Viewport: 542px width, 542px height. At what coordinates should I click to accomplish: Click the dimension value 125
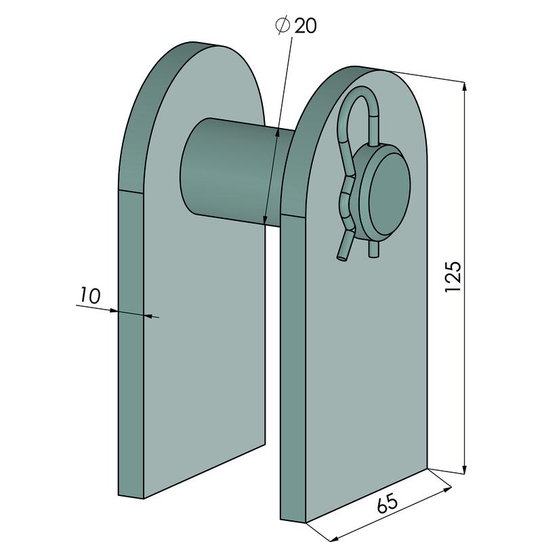coord(453,276)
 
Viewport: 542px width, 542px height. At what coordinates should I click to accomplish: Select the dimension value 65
coord(387,503)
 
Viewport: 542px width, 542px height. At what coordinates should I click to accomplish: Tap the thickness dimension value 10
coord(91,296)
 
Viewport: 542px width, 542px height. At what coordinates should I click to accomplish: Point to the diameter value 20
coord(306,26)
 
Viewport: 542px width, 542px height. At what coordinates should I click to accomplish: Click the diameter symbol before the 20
coord(283,26)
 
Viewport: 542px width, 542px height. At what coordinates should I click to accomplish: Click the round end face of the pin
coord(389,194)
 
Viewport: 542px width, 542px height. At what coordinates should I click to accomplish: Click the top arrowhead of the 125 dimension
coord(465,87)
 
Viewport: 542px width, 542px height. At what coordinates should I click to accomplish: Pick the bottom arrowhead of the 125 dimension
coord(465,470)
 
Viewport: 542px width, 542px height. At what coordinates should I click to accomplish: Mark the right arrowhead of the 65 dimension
coord(447,488)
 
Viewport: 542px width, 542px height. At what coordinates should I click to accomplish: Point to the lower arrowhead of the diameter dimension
coord(265,220)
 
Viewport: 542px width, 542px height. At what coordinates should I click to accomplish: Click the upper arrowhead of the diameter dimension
coord(276,133)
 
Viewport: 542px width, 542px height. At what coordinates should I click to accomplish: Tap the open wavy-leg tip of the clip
coord(341,257)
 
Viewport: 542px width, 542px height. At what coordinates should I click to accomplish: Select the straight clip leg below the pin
coord(374,249)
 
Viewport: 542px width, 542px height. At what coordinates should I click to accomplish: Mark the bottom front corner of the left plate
coord(144,499)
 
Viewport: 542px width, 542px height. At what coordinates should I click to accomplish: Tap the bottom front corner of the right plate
coord(306,522)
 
